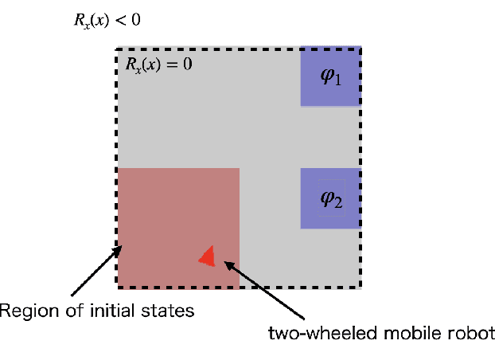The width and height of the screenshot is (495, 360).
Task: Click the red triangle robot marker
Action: pos(208,256)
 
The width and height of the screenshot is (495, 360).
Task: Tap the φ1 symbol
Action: pos(330,76)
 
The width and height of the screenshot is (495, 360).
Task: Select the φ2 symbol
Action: pos(331,199)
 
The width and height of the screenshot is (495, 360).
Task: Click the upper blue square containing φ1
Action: pos(330,76)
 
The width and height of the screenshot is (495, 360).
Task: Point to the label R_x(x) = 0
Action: pos(159,64)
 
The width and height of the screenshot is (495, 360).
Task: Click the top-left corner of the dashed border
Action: pos(118,48)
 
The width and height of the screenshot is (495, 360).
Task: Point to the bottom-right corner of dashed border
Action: pos(361,287)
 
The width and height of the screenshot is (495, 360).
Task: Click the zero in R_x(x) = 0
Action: pos(188,64)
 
